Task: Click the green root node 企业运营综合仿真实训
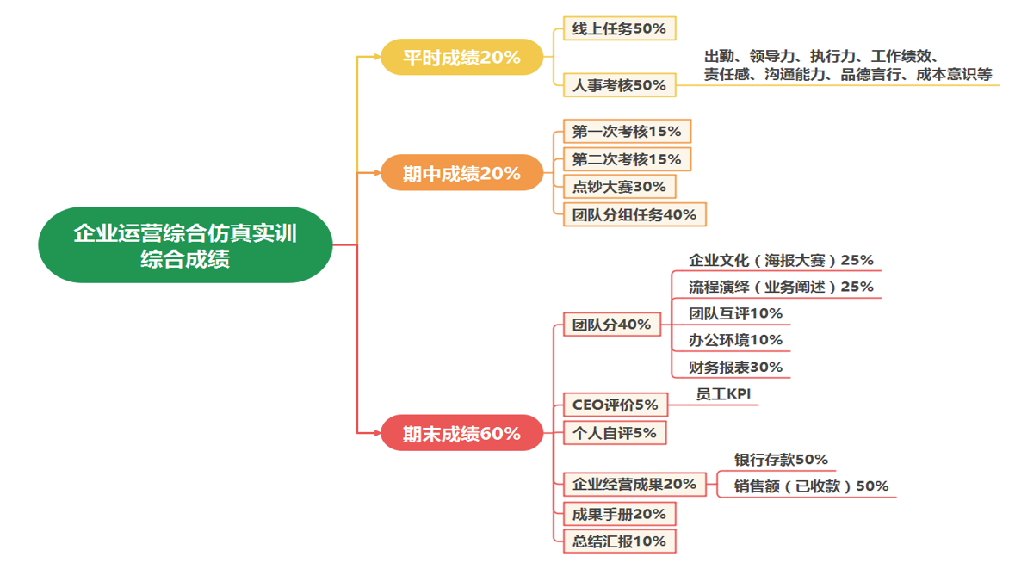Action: coord(185,245)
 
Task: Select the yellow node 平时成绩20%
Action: coord(462,58)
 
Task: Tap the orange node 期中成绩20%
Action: coord(462,173)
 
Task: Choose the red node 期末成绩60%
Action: coord(462,433)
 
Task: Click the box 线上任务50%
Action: coord(619,28)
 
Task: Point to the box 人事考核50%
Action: coord(619,85)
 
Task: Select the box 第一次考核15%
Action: coord(627,132)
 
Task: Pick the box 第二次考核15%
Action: coord(627,159)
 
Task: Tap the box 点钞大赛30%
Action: coord(619,187)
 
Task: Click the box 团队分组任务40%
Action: coord(634,214)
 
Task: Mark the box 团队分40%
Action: coord(611,325)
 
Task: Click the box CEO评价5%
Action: coord(615,405)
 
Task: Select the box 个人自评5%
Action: coord(615,433)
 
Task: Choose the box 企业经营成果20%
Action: coord(634,484)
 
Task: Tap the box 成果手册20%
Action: coord(619,514)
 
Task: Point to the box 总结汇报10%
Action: coord(619,541)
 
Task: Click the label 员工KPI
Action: coord(724,393)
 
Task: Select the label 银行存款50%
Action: coord(781,460)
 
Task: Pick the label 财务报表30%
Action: coord(735,367)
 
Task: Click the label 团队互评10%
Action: coord(735,313)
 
